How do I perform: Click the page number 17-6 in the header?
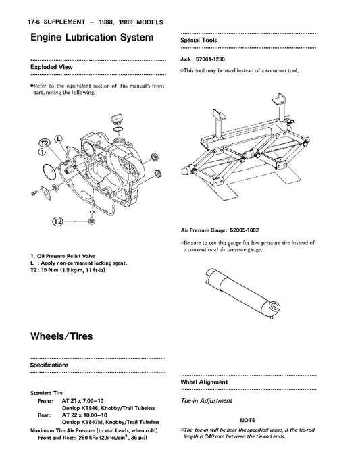[x=34, y=22]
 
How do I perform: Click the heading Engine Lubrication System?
[x=92, y=37]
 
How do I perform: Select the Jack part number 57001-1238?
[x=210, y=59]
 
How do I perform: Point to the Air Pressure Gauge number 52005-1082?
[x=245, y=230]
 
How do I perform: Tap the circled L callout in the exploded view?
[x=59, y=139]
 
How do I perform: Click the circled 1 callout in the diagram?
[x=42, y=152]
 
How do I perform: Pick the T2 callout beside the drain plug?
[x=58, y=222]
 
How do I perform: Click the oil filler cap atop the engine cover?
[x=117, y=119]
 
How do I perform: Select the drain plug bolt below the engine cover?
[x=92, y=221]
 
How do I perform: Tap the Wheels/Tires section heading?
[x=61, y=336]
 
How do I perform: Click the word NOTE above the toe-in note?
[x=247, y=420]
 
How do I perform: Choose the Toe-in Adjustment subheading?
[x=206, y=400]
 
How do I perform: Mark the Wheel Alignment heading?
[x=204, y=382]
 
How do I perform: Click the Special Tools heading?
[x=199, y=40]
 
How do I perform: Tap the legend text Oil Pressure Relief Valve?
[x=66, y=256]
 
